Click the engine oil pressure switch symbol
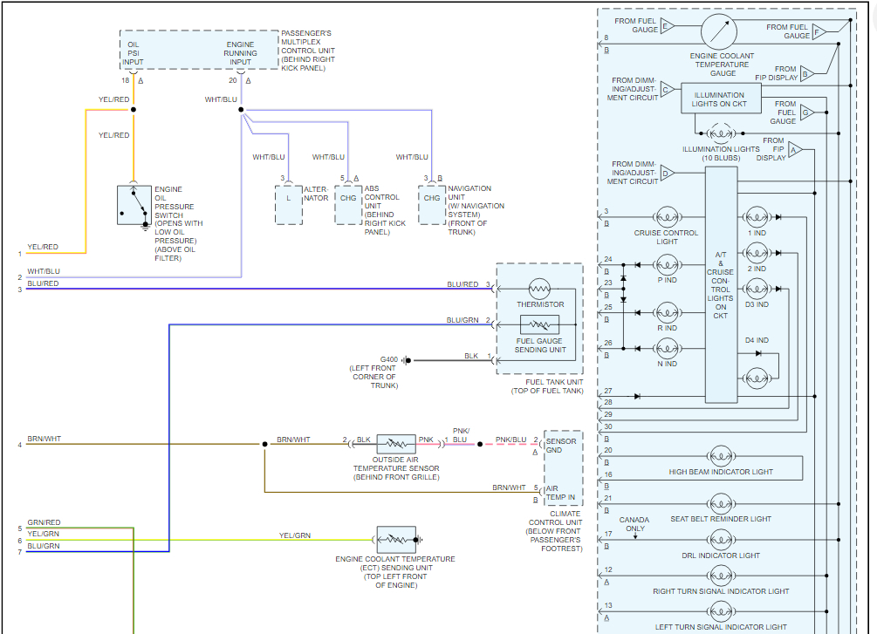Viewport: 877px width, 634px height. [134, 205]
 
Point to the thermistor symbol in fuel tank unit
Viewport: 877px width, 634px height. [540, 289]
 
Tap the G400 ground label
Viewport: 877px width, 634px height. [388, 359]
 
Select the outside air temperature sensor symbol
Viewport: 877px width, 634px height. [396, 444]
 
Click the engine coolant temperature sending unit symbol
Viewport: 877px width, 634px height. [396, 539]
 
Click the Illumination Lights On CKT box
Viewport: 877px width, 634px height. [720, 99]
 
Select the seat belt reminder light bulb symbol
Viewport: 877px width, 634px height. [721, 503]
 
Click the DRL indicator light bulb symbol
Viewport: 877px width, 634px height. [721, 540]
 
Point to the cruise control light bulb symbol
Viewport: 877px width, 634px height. [667, 216]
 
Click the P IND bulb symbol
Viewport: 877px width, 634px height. [667, 263]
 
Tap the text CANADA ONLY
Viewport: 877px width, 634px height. [634, 524]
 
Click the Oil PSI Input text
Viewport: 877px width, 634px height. [134, 52]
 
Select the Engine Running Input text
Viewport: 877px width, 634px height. [240, 52]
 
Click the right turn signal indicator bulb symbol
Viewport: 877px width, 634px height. [721, 576]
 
